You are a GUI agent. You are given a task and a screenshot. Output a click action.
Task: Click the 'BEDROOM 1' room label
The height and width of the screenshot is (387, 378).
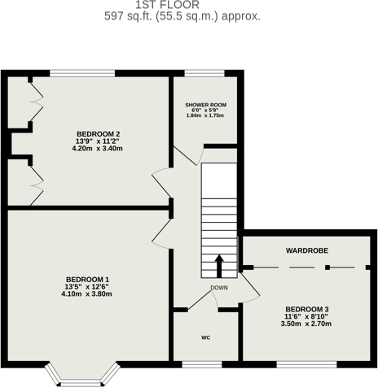(x=87, y=280)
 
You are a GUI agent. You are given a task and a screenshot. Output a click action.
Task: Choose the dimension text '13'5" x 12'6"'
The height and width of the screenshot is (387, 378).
(x=87, y=287)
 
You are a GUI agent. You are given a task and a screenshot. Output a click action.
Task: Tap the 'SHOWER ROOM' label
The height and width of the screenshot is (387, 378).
(x=205, y=105)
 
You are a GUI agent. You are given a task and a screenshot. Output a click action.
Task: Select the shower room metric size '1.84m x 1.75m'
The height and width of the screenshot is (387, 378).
(x=205, y=116)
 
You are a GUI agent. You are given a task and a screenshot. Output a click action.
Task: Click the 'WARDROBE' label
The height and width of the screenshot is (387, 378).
(x=306, y=251)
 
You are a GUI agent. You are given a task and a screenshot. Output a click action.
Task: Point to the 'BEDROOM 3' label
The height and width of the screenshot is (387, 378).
(x=307, y=309)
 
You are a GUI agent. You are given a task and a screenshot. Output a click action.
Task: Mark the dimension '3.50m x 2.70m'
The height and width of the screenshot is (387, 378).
(x=307, y=324)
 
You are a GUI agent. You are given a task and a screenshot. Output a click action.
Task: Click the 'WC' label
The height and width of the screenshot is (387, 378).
(x=205, y=336)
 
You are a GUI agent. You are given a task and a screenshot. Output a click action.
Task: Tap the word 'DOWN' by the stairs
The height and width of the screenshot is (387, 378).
(x=219, y=288)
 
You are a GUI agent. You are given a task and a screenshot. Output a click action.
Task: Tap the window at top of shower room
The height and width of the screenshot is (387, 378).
(x=205, y=73)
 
